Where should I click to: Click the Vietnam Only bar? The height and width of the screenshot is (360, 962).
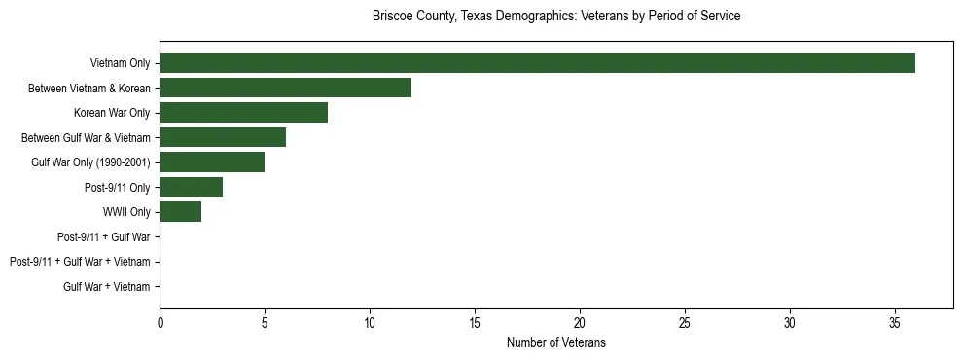tap(537, 63)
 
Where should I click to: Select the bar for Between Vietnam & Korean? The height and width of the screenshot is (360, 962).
tap(285, 89)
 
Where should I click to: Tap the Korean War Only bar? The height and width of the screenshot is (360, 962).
tap(243, 113)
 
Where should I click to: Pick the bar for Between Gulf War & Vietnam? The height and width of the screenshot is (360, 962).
tap(223, 138)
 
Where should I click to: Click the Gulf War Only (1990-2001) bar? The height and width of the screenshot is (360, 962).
tap(212, 162)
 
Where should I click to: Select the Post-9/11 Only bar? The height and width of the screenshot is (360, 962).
tap(191, 187)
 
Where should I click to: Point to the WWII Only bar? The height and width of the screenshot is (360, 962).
tap(180, 212)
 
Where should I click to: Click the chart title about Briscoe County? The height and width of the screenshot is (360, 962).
tap(556, 17)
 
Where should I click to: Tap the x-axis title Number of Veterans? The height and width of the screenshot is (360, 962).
tap(556, 342)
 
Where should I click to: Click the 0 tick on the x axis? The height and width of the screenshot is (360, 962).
tap(160, 323)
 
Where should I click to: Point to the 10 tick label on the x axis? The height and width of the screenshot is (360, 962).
tap(370, 323)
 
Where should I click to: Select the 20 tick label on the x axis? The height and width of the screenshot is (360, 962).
tap(580, 323)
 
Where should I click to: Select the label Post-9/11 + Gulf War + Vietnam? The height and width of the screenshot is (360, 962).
tap(80, 262)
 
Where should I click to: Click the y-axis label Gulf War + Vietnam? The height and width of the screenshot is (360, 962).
tap(107, 287)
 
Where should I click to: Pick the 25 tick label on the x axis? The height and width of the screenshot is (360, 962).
tap(685, 323)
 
